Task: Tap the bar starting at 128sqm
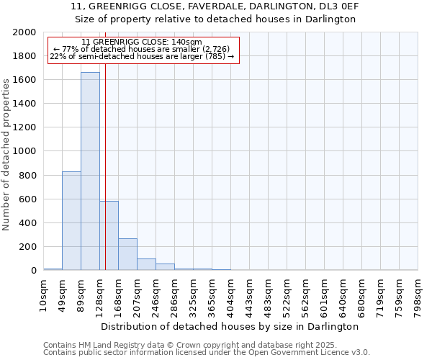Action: coord(109,235)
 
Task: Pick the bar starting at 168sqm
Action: coord(127,254)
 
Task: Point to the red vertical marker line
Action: coord(105,166)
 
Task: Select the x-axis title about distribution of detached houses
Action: coord(230,326)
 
